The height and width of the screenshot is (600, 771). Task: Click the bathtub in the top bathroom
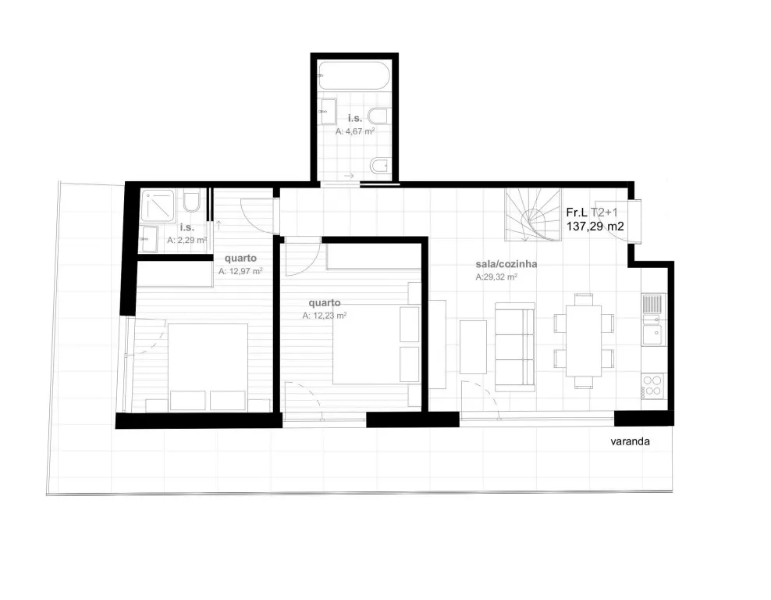(x=354, y=75)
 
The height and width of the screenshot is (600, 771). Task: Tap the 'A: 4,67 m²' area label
(x=355, y=131)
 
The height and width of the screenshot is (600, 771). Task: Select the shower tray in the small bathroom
(x=158, y=205)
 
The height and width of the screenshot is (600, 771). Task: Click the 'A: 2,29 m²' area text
(x=187, y=240)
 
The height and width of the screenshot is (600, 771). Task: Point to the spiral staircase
(x=533, y=215)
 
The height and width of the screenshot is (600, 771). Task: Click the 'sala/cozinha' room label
(x=506, y=264)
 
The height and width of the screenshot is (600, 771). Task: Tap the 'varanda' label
(x=630, y=441)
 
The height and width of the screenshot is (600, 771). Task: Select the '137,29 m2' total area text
(x=595, y=227)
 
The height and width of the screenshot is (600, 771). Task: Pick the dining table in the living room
(x=584, y=341)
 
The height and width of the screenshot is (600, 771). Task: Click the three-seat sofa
(x=515, y=347)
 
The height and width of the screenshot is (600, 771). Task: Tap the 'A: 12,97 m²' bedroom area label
(x=240, y=271)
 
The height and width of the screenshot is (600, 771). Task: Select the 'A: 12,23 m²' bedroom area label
(x=325, y=316)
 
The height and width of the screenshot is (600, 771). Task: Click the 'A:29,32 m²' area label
(x=496, y=277)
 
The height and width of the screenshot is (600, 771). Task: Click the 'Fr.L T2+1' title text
(x=592, y=212)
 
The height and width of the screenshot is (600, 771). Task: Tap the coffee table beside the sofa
(x=473, y=348)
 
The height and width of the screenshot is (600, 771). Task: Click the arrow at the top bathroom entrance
(x=349, y=176)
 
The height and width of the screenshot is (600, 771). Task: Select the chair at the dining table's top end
(x=584, y=299)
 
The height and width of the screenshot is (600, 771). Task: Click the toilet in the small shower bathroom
(x=192, y=202)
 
